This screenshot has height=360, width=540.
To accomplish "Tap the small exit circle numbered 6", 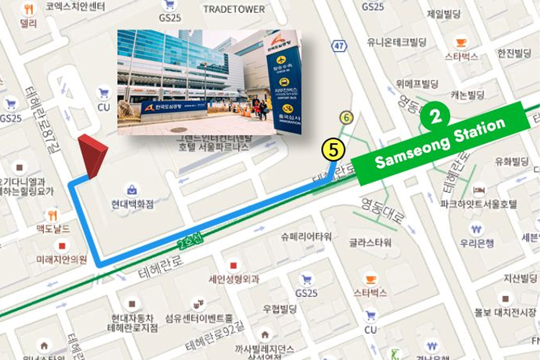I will click(346, 118).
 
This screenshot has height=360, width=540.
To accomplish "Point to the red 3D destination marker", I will click(92, 156).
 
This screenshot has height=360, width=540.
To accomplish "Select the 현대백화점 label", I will click(133, 204).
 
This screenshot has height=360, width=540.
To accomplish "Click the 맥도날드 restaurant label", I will click(53, 229).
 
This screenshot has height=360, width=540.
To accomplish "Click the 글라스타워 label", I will click(370, 243).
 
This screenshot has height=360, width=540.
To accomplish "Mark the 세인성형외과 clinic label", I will click(234, 279).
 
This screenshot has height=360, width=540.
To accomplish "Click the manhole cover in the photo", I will click(179, 130).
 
